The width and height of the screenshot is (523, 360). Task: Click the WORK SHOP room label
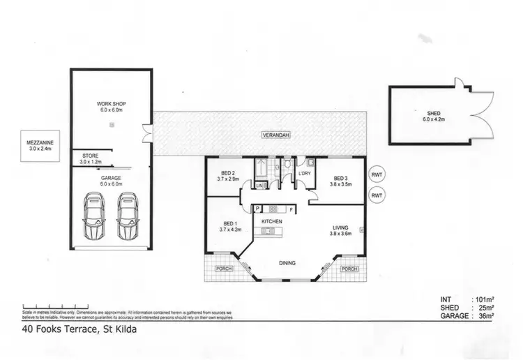[110, 104]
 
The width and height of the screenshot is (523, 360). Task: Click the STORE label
[90, 155]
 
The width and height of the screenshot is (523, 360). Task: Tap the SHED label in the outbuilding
[434, 113]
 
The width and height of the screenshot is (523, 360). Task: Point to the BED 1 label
[229, 225]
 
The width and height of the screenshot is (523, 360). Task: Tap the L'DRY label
[304, 172]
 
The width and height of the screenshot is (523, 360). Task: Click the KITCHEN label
[271, 221]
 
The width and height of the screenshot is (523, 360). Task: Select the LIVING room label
[340, 228]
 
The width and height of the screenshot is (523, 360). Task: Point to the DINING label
[287, 263]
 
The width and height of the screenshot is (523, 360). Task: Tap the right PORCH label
[348, 268]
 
